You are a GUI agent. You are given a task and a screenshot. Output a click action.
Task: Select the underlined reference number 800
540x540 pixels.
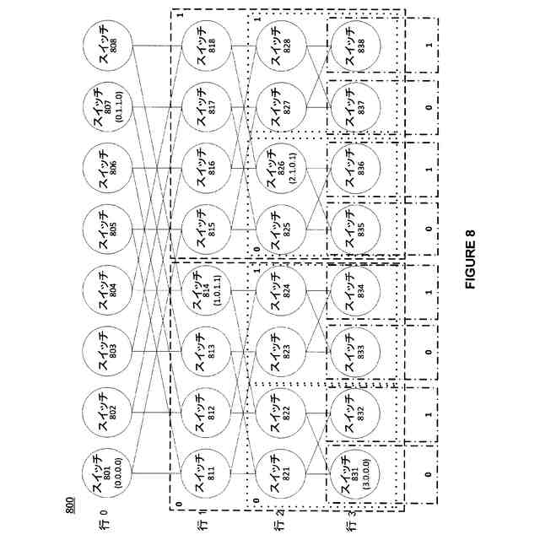point(71,505)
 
